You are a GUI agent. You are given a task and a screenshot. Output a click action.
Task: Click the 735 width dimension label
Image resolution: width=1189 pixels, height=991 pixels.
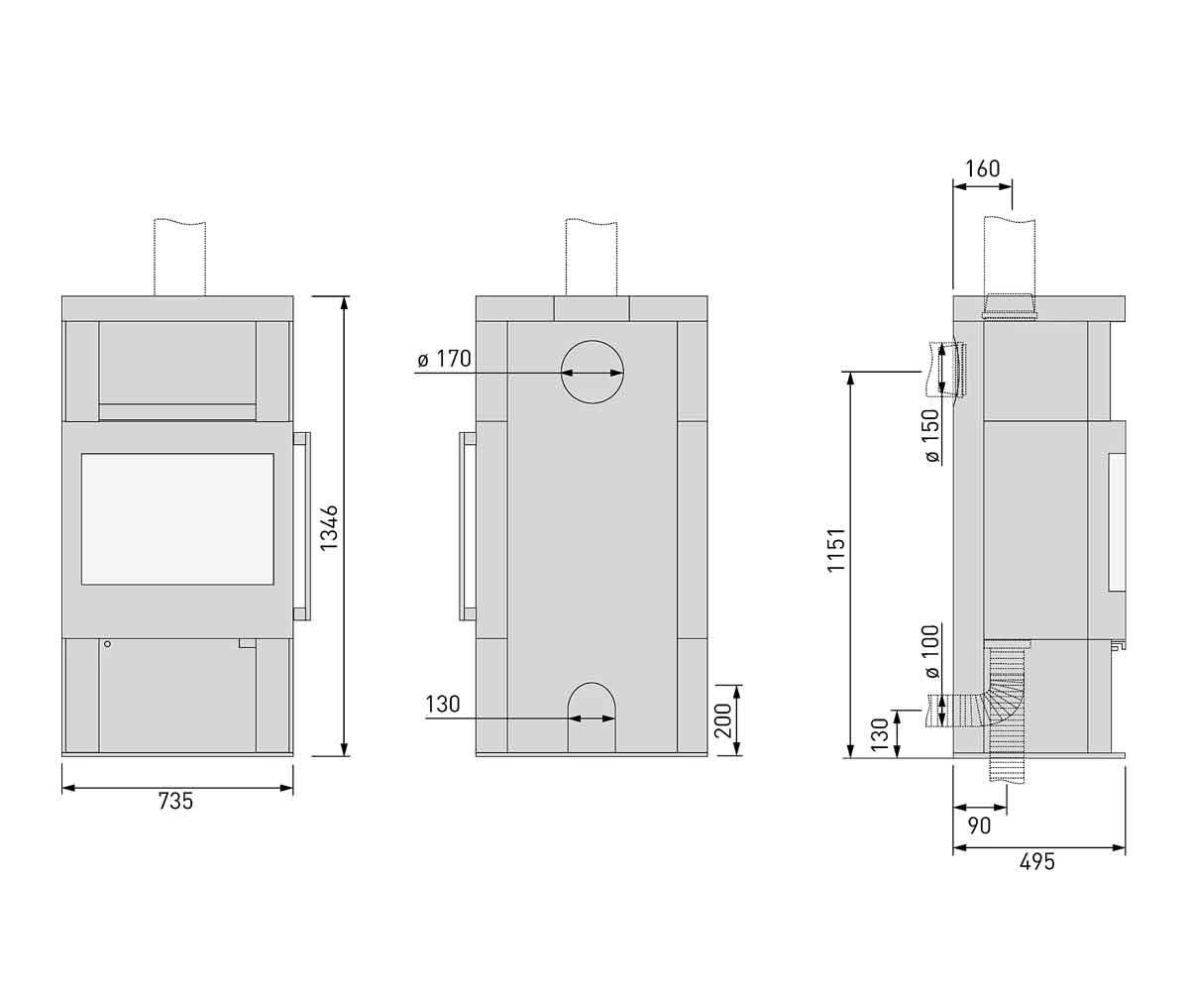(x=175, y=802)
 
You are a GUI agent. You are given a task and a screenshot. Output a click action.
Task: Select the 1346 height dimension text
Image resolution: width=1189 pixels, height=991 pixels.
(x=329, y=528)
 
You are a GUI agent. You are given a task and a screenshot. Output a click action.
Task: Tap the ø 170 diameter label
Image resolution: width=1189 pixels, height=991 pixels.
(x=444, y=359)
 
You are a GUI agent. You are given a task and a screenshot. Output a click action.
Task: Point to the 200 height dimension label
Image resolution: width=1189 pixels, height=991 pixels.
(x=722, y=720)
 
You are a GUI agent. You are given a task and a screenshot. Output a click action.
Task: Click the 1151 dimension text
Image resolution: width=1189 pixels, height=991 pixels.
(x=836, y=550)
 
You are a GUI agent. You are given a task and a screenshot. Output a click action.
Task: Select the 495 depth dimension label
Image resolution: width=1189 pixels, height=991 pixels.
(x=1037, y=862)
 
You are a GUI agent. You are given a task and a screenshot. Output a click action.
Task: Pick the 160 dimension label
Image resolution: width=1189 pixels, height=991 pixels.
(x=982, y=168)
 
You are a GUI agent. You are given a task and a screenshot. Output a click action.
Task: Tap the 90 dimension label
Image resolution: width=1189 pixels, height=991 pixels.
(x=979, y=826)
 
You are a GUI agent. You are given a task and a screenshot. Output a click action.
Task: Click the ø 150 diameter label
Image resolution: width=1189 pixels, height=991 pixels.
(x=931, y=435)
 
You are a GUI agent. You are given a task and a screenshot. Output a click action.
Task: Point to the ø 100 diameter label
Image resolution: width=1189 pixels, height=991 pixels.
(x=931, y=651)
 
